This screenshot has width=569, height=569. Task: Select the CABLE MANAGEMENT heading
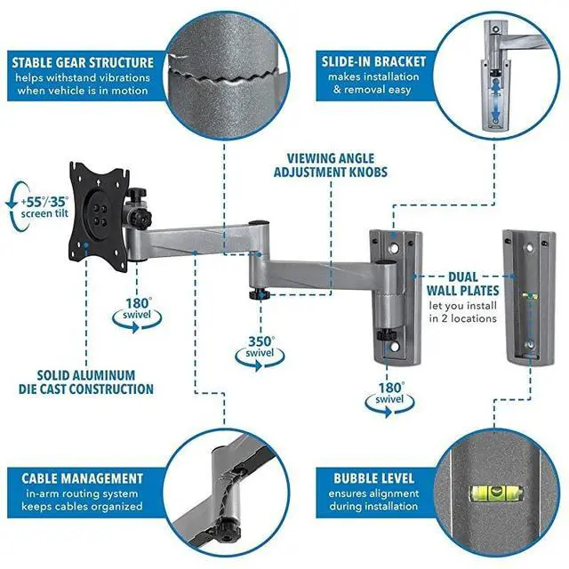(x=84, y=478)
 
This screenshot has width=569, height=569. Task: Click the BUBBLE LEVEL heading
(x=374, y=478)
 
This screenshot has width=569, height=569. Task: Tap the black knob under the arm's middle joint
(x=258, y=293)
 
